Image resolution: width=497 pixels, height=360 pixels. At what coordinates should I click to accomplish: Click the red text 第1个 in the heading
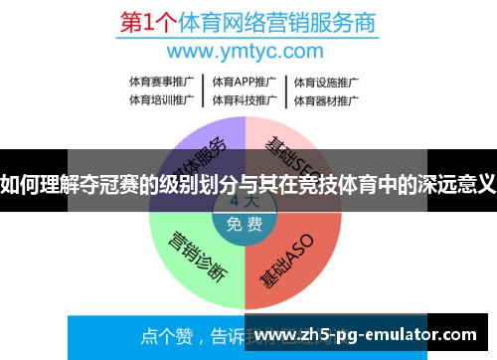click(x=145, y=21)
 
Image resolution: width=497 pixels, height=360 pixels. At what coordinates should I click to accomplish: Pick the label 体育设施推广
click(x=325, y=82)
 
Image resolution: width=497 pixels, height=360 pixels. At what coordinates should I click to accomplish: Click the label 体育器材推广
click(x=325, y=99)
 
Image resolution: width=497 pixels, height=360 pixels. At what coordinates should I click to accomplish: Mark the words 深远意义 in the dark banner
click(x=456, y=182)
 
